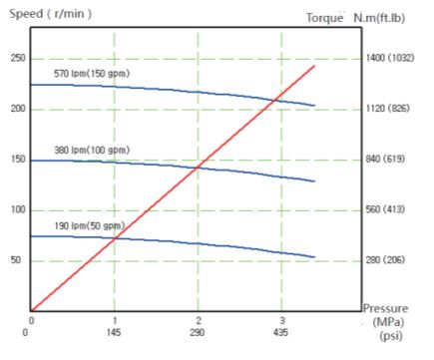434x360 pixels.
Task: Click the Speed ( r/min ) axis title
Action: click(x=50, y=14)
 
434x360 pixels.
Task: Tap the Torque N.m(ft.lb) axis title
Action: click(x=355, y=18)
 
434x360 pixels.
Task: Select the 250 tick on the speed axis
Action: click(x=18, y=58)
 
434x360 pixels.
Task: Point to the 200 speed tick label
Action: click(x=18, y=109)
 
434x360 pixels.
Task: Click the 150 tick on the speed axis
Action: click(x=18, y=160)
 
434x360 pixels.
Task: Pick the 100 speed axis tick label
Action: click(x=18, y=209)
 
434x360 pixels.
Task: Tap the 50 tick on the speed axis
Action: click(x=16, y=260)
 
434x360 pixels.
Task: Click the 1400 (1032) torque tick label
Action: click(x=390, y=58)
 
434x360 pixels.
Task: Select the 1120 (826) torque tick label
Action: click(x=387, y=109)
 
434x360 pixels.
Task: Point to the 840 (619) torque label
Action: click(x=385, y=159)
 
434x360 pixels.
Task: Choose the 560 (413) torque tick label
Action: click(x=385, y=209)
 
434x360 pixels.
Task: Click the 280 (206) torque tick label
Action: click(x=385, y=259)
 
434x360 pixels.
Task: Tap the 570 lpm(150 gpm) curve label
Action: click(x=92, y=74)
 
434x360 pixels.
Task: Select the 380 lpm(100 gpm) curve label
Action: click(x=92, y=151)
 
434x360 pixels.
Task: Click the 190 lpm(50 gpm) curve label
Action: click(x=90, y=226)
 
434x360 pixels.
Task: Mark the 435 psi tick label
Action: click(x=280, y=332)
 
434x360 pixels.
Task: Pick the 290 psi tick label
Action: click(x=198, y=332)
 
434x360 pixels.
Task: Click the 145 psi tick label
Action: click(x=114, y=332)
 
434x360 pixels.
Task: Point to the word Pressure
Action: click(x=385, y=308)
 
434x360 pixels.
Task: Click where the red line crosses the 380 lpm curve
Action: click(x=199, y=167)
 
